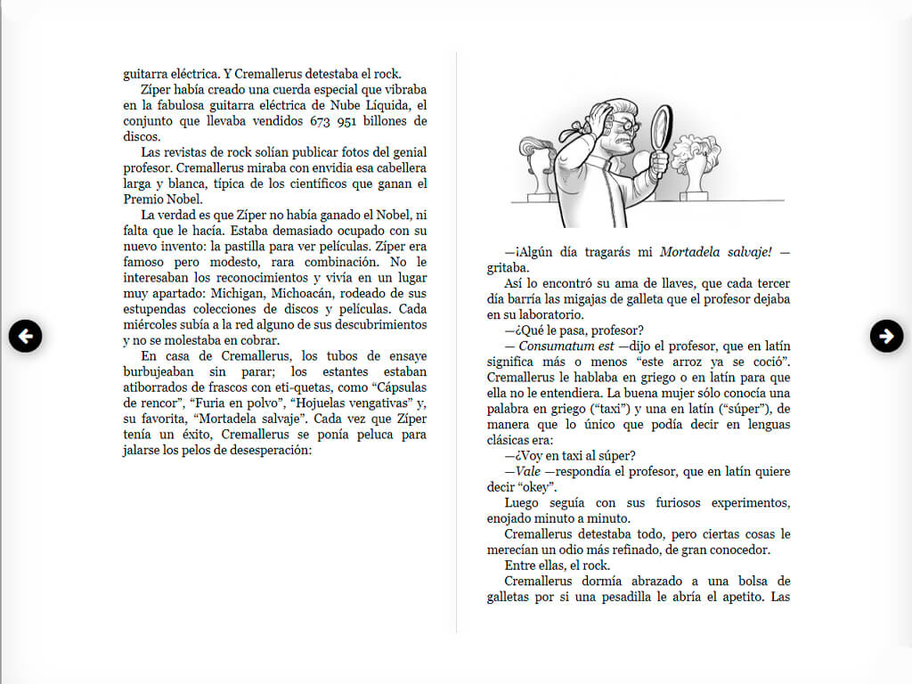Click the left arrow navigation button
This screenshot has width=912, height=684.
tap(26, 336)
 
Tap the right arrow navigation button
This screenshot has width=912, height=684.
tap(886, 336)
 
